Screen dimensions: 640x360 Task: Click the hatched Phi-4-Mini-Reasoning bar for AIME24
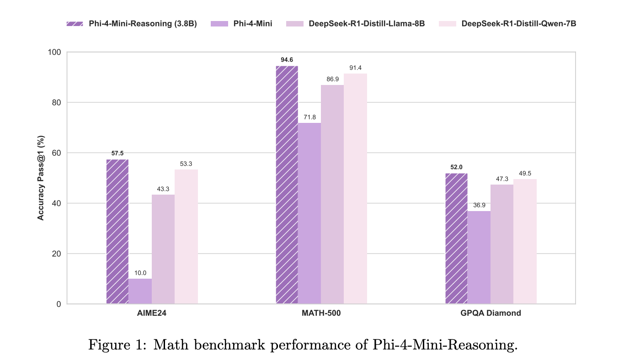117,232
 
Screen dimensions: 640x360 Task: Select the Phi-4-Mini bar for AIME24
140,291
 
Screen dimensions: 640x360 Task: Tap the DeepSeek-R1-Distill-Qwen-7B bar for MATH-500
355,189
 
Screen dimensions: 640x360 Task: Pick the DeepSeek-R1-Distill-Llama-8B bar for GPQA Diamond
502,244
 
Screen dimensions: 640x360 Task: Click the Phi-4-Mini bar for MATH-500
309,213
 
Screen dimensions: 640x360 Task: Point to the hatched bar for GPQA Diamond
456,238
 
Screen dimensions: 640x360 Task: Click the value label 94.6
287,60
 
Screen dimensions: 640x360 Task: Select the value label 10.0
140,273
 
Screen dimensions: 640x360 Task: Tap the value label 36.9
479,205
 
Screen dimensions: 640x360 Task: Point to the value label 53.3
186,164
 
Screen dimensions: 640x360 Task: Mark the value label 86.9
333,79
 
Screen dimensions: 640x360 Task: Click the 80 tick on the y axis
56,102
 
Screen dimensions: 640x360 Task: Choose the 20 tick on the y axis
56,254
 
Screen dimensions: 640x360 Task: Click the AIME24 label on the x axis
152,313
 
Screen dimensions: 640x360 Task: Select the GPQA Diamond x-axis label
491,313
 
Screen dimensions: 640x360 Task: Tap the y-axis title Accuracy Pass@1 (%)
41,178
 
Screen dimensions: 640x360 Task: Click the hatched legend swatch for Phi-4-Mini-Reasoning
75,24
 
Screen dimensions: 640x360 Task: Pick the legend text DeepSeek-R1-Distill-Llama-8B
367,24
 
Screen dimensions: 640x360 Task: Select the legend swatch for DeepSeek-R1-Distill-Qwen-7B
448,24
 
